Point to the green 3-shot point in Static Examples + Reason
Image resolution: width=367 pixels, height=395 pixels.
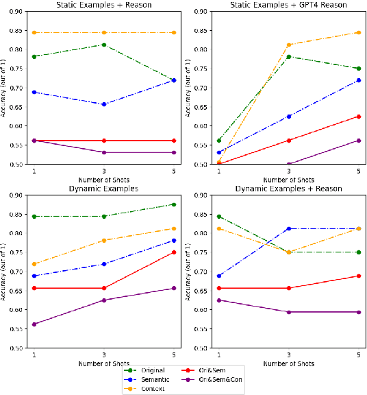pyautogui.click(x=103, y=45)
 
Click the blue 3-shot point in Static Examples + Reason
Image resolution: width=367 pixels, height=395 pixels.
pyautogui.click(x=103, y=104)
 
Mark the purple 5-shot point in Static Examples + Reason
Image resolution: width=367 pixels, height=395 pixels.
pyautogui.click(x=173, y=152)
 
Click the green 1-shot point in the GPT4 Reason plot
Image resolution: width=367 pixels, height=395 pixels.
pyautogui.click(x=218, y=141)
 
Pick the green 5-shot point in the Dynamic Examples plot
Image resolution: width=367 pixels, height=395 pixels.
pyautogui.click(x=173, y=204)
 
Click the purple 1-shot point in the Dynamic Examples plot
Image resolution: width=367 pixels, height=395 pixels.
pyautogui.click(x=34, y=324)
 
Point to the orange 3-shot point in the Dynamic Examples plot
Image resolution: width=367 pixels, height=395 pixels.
pyautogui.click(x=103, y=240)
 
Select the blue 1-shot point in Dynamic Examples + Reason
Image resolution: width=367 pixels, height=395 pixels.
pyautogui.click(x=218, y=276)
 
